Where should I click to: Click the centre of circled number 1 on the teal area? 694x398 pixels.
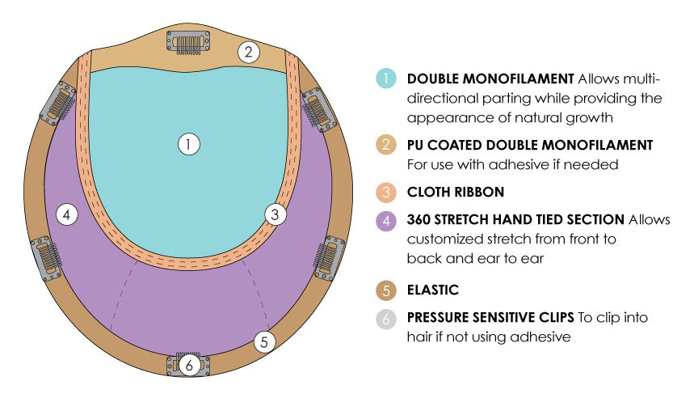[x=189, y=145]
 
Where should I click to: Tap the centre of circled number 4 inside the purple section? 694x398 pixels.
[x=67, y=215]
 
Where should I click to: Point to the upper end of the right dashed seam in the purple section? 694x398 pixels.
[x=242, y=260]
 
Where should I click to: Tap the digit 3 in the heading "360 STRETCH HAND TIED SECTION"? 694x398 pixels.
[x=410, y=219]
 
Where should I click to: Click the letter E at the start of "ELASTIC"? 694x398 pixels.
[x=410, y=290]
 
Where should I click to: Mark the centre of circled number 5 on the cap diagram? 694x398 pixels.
[x=264, y=341]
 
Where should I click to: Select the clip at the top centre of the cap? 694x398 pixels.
[x=188, y=43]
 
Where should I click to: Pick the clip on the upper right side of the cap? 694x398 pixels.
[x=319, y=109]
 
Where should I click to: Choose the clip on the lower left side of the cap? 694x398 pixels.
[x=47, y=258]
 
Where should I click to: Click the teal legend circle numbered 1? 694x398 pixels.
[x=386, y=78]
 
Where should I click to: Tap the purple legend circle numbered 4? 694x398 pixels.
[x=386, y=220]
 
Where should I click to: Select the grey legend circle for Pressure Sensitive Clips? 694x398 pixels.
[x=386, y=319]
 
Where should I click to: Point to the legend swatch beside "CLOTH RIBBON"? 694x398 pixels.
[x=386, y=193]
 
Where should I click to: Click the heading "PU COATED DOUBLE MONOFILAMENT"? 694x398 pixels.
[x=530, y=145]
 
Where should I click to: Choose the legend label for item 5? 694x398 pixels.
[x=433, y=290]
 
